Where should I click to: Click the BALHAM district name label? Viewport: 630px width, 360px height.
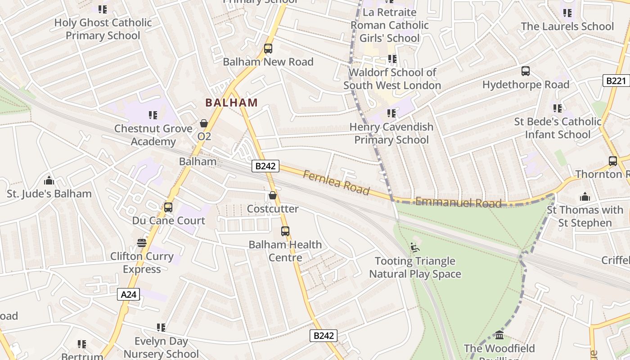tap(232, 103)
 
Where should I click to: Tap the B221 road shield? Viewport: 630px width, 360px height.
tap(616, 81)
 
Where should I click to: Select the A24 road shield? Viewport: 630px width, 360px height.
tap(129, 295)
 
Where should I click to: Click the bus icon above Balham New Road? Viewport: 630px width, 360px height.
tap(268, 49)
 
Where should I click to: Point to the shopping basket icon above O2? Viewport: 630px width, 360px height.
tap(204, 123)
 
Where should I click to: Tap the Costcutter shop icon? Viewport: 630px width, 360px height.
tap(272, 195)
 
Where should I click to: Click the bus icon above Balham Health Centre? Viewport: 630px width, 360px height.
tap(285, 231)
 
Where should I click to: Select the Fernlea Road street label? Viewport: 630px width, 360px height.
tap(336, 182)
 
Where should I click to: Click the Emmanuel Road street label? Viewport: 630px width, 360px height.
tap(458, 202)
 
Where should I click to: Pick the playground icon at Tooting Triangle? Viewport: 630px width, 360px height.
tap(415, 247)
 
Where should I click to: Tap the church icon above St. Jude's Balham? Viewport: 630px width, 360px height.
tap(49, 181)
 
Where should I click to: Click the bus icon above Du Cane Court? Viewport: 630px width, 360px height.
tap(168, 207)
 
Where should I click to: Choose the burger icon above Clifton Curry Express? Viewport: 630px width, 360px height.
tap(142, 243)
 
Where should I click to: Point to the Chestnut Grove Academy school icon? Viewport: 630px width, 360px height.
tap(153, 115)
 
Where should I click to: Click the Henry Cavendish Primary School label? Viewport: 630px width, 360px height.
tap(391, 133)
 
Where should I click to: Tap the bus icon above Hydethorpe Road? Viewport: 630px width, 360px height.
tap(526, 71)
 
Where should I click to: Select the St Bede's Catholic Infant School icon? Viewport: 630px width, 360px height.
tap(558, 108)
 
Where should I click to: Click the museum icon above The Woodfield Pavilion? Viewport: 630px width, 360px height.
tap(499, 335)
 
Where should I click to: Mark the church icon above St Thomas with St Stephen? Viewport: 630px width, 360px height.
tap(585, 197)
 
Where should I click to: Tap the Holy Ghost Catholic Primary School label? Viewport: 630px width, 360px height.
tap(103, 29)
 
